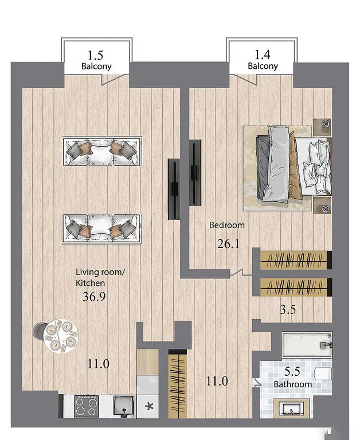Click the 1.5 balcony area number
click(96, 55)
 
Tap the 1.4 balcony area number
click(263, 54)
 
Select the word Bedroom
click(227, 225)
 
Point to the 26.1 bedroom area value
click(228, 244)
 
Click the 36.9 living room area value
click(94, 296)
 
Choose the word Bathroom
click(292, 384)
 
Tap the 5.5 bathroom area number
click(292, 371)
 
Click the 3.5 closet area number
click(288, 309)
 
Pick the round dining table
click(61, 336)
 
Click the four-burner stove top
click(87, 406)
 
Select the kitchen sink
click(123, 406)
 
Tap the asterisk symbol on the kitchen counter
click(150, 406)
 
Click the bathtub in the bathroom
click(307, 344)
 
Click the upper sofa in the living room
click(102, 151)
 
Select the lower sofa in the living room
click(101, 229)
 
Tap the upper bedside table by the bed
click(322, 127)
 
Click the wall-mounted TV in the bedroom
click(195, 173)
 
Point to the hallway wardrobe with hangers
click(178, 384)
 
